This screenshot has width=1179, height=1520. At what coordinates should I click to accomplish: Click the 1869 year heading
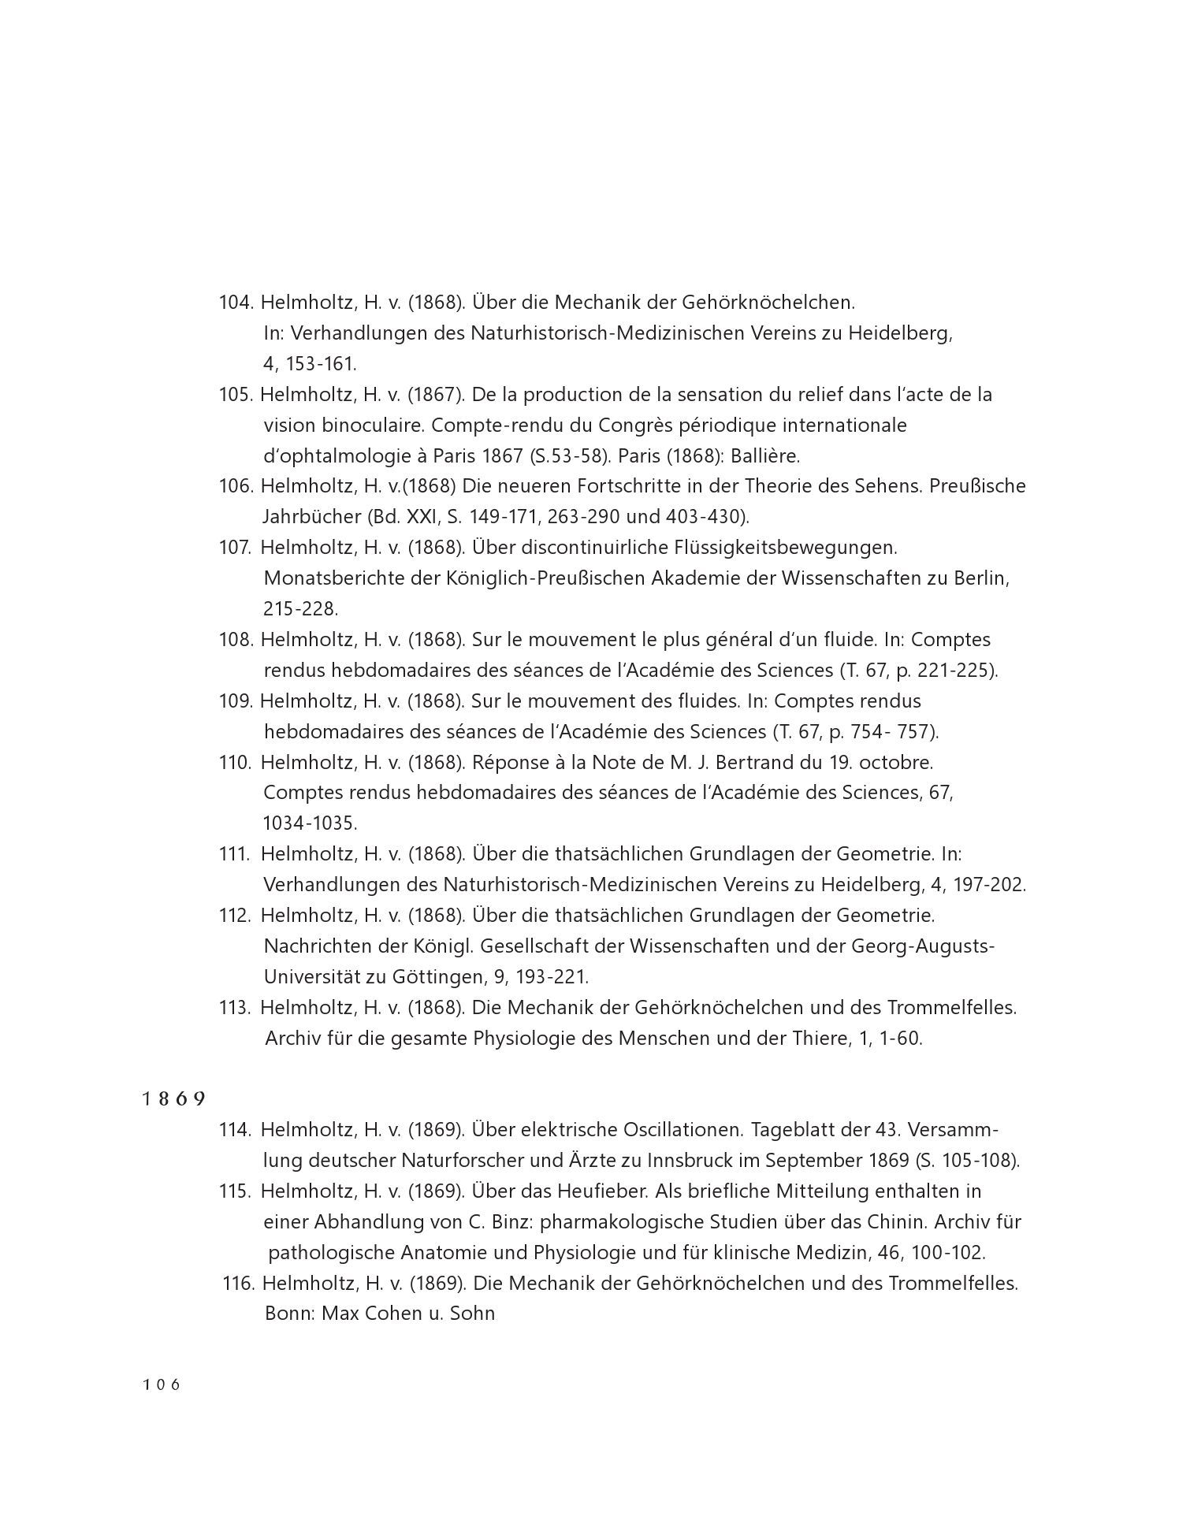(x=174, y=1099)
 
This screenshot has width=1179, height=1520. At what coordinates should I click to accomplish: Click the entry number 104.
(x=235, y=303)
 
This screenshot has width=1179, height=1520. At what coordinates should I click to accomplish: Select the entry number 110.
(x=235, y=763)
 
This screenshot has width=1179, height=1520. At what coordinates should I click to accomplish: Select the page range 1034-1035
(x=310, y=823)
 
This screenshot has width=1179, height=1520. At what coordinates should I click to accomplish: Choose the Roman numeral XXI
(x=428, y=517)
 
